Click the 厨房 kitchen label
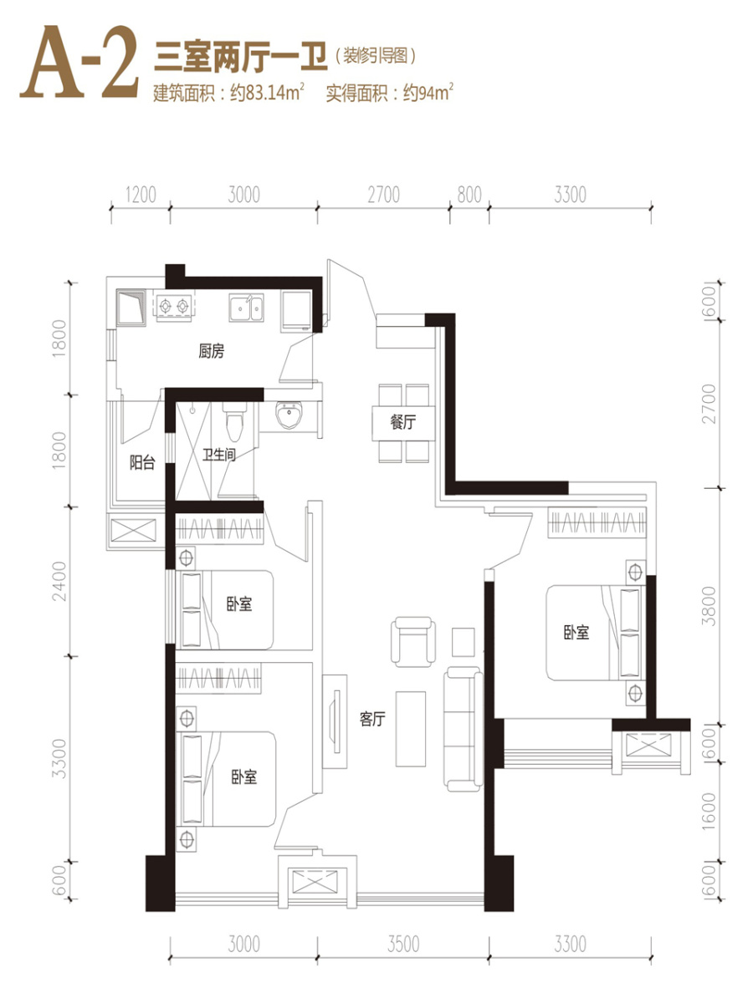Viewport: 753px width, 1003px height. coord(211,351)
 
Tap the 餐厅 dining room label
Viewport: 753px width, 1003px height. coord(402,422)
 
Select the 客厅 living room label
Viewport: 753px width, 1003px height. coord(372,719)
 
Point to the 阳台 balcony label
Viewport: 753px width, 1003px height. coord(141,463)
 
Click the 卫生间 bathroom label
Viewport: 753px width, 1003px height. coord(219,455)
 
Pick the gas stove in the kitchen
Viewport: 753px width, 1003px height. coord(174,306)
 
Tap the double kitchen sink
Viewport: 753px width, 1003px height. coord(247,308)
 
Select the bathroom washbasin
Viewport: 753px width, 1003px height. coord(289,415)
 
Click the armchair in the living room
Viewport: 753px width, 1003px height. coord(412,642)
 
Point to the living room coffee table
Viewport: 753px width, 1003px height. coord(411,730)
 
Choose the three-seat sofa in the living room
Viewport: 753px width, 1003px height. coord(464,729)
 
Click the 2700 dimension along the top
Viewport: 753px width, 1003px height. coord(383,195)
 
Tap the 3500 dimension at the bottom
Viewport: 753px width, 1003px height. coord(403,944)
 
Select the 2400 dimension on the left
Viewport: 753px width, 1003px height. coord(60,581)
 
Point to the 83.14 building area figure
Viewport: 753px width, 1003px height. coord(263,94)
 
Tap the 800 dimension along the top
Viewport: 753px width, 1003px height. coord(469,195)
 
